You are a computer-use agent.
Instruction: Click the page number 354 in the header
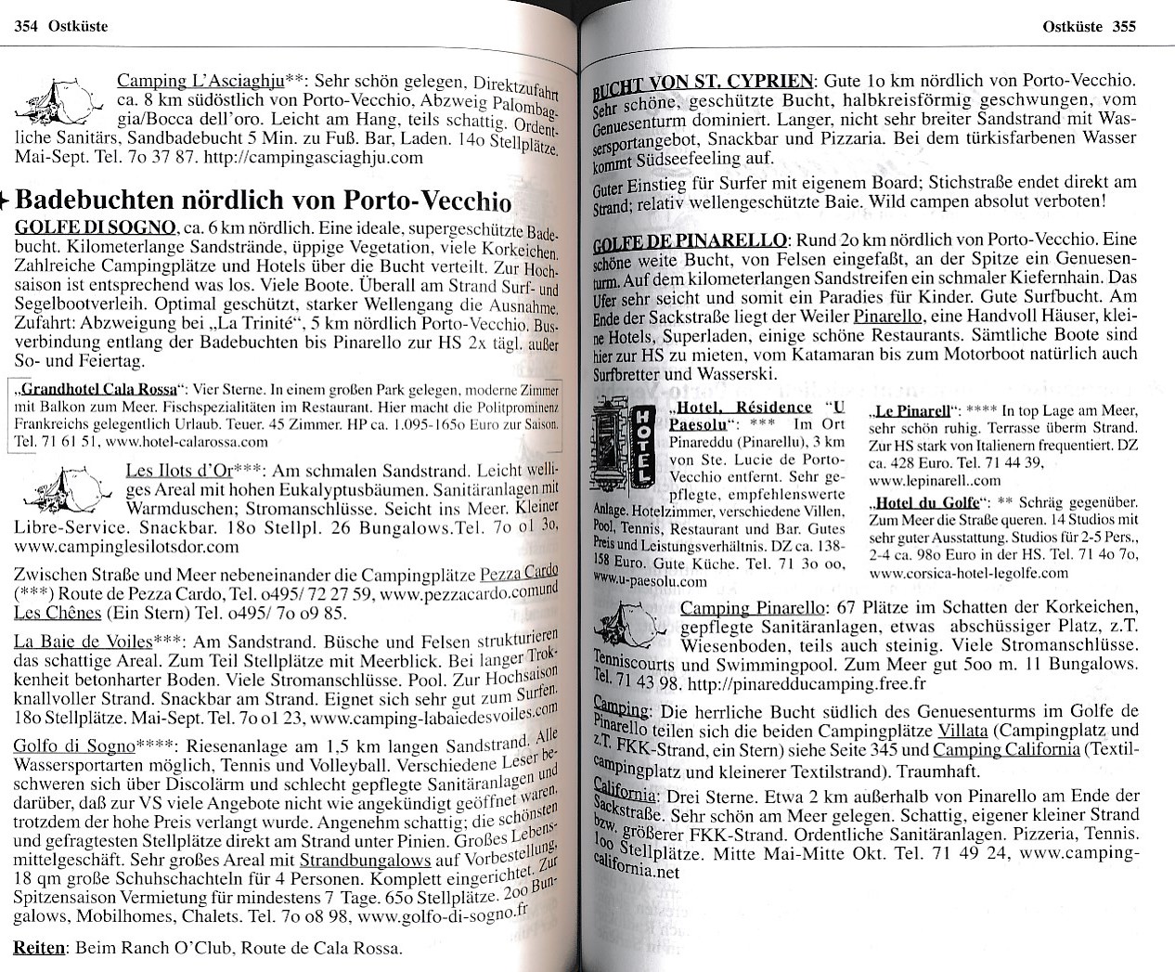25,27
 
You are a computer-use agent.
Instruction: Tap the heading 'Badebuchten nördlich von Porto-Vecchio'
264,200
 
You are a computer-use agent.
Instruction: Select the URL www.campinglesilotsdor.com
126,547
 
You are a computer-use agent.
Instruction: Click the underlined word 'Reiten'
39,948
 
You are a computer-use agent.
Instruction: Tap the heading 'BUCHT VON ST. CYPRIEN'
703,82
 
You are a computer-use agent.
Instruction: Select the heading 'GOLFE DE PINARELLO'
691,241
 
